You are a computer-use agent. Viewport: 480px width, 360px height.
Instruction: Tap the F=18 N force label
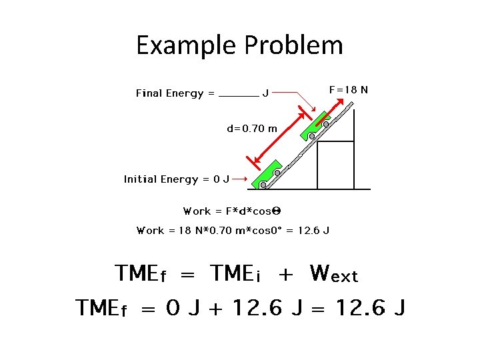[x=349, y=89]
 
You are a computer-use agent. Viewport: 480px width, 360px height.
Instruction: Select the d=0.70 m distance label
[x=252, y=129]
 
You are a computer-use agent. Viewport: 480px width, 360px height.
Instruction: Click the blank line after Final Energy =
[x=239, y=95]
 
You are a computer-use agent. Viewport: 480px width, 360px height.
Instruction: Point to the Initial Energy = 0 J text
[x=177, y=179]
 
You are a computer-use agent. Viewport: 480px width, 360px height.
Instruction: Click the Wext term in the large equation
[x=334, y=273]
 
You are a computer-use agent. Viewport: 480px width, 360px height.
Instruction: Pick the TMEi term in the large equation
[x=241, y=273]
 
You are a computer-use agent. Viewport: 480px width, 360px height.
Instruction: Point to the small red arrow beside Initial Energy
[x=241, y=179]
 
